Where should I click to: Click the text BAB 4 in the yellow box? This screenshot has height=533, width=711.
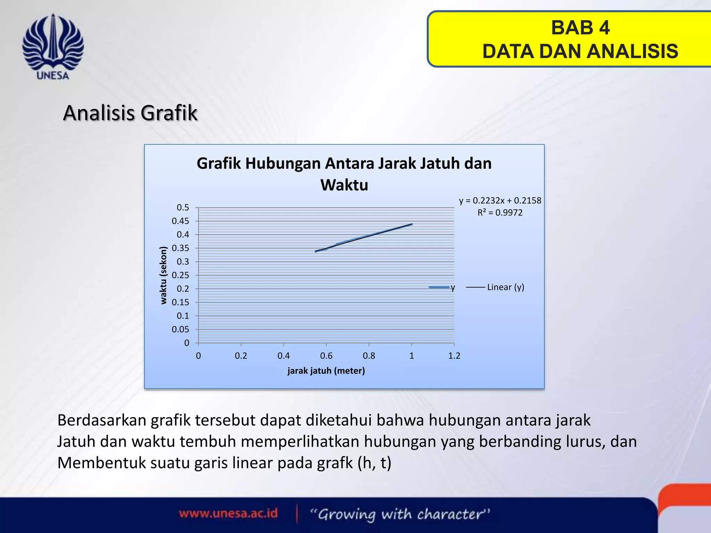pos(580,28)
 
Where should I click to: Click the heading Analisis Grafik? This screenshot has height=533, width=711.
pos(130,113)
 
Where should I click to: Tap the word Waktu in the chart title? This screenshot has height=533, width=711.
pos(344,185)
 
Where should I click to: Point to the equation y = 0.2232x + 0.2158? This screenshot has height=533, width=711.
pos(500,201)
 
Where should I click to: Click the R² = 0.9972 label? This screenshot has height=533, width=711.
pos(500,213)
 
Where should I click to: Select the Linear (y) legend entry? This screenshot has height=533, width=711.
pos(505,287)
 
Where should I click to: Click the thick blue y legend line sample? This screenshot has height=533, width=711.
pos(439,287)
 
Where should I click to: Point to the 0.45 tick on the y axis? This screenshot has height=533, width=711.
pos(181,221)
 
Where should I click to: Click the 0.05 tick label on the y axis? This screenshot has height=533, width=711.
pos(181,329)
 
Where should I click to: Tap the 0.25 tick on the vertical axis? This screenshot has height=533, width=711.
pos(181,275)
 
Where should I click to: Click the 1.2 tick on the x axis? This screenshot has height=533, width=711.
pos(454,356)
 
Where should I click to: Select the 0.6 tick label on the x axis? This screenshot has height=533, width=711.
pos(326,356)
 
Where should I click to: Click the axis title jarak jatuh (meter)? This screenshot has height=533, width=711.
pos(326,371)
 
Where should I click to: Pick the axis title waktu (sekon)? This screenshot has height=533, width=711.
pos(163,275)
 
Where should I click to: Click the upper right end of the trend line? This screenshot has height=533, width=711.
pos(411,224)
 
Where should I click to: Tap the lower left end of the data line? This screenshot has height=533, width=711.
pos(316,251)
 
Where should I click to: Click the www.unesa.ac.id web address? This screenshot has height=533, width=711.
pos(228,513)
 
